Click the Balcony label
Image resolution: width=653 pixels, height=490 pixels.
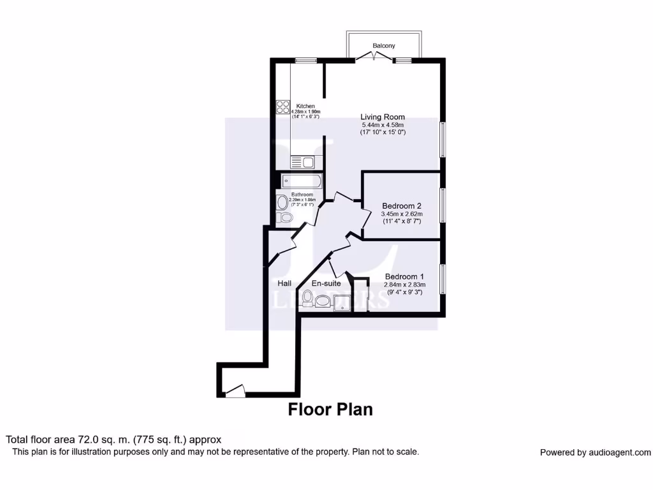tap(384, 46)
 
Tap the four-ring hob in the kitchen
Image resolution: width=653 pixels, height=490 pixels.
tap(282, 107)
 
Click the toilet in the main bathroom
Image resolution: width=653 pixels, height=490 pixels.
tap(286, 218)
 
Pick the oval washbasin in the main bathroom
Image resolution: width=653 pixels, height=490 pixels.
tap(282, 203)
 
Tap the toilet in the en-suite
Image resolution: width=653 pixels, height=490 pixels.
tap(308, 297)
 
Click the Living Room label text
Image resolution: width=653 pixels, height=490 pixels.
tap(383, 117)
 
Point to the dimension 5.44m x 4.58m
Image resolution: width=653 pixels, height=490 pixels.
tap(383, 124)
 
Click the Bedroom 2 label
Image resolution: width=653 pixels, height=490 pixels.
tap(401, 206)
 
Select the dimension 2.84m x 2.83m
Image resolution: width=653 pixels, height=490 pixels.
tap(406, 285)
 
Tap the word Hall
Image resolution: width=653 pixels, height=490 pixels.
tap(284, 283)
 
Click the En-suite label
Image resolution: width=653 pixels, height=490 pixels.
tap(326, 283)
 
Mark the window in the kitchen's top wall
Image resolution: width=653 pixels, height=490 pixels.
tap(306, 61)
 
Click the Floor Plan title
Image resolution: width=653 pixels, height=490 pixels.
tap(330, 409)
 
